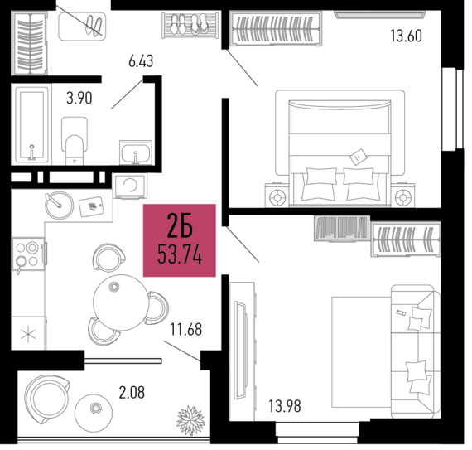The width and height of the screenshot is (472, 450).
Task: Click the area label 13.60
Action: [406, 36]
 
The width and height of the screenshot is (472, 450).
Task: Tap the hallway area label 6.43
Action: [141, 61]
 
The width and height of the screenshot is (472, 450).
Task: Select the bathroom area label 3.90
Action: [79, 98]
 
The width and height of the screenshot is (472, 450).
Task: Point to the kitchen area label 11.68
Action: [186, 330]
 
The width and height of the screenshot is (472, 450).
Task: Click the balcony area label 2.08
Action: [132, 393]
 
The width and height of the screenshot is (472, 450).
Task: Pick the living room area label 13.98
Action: [285, 406]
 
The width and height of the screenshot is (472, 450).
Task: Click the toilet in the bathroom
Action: [75, 141]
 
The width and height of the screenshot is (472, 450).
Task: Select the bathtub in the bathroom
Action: [31, 123]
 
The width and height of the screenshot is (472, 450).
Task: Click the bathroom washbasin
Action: [136, 152]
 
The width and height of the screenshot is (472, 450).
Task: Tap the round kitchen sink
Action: [60, 206]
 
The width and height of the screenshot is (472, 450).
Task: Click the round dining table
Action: [120, 302]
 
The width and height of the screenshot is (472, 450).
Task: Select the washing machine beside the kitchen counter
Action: [130, 186]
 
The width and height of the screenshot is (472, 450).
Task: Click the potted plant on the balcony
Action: [190, 420]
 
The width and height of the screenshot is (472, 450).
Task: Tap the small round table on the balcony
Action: [94, 413]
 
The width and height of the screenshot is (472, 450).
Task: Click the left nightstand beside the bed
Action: [277, 196]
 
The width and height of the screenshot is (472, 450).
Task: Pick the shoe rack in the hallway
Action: [190, 26]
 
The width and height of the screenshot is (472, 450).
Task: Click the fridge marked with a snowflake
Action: [29, 333]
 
